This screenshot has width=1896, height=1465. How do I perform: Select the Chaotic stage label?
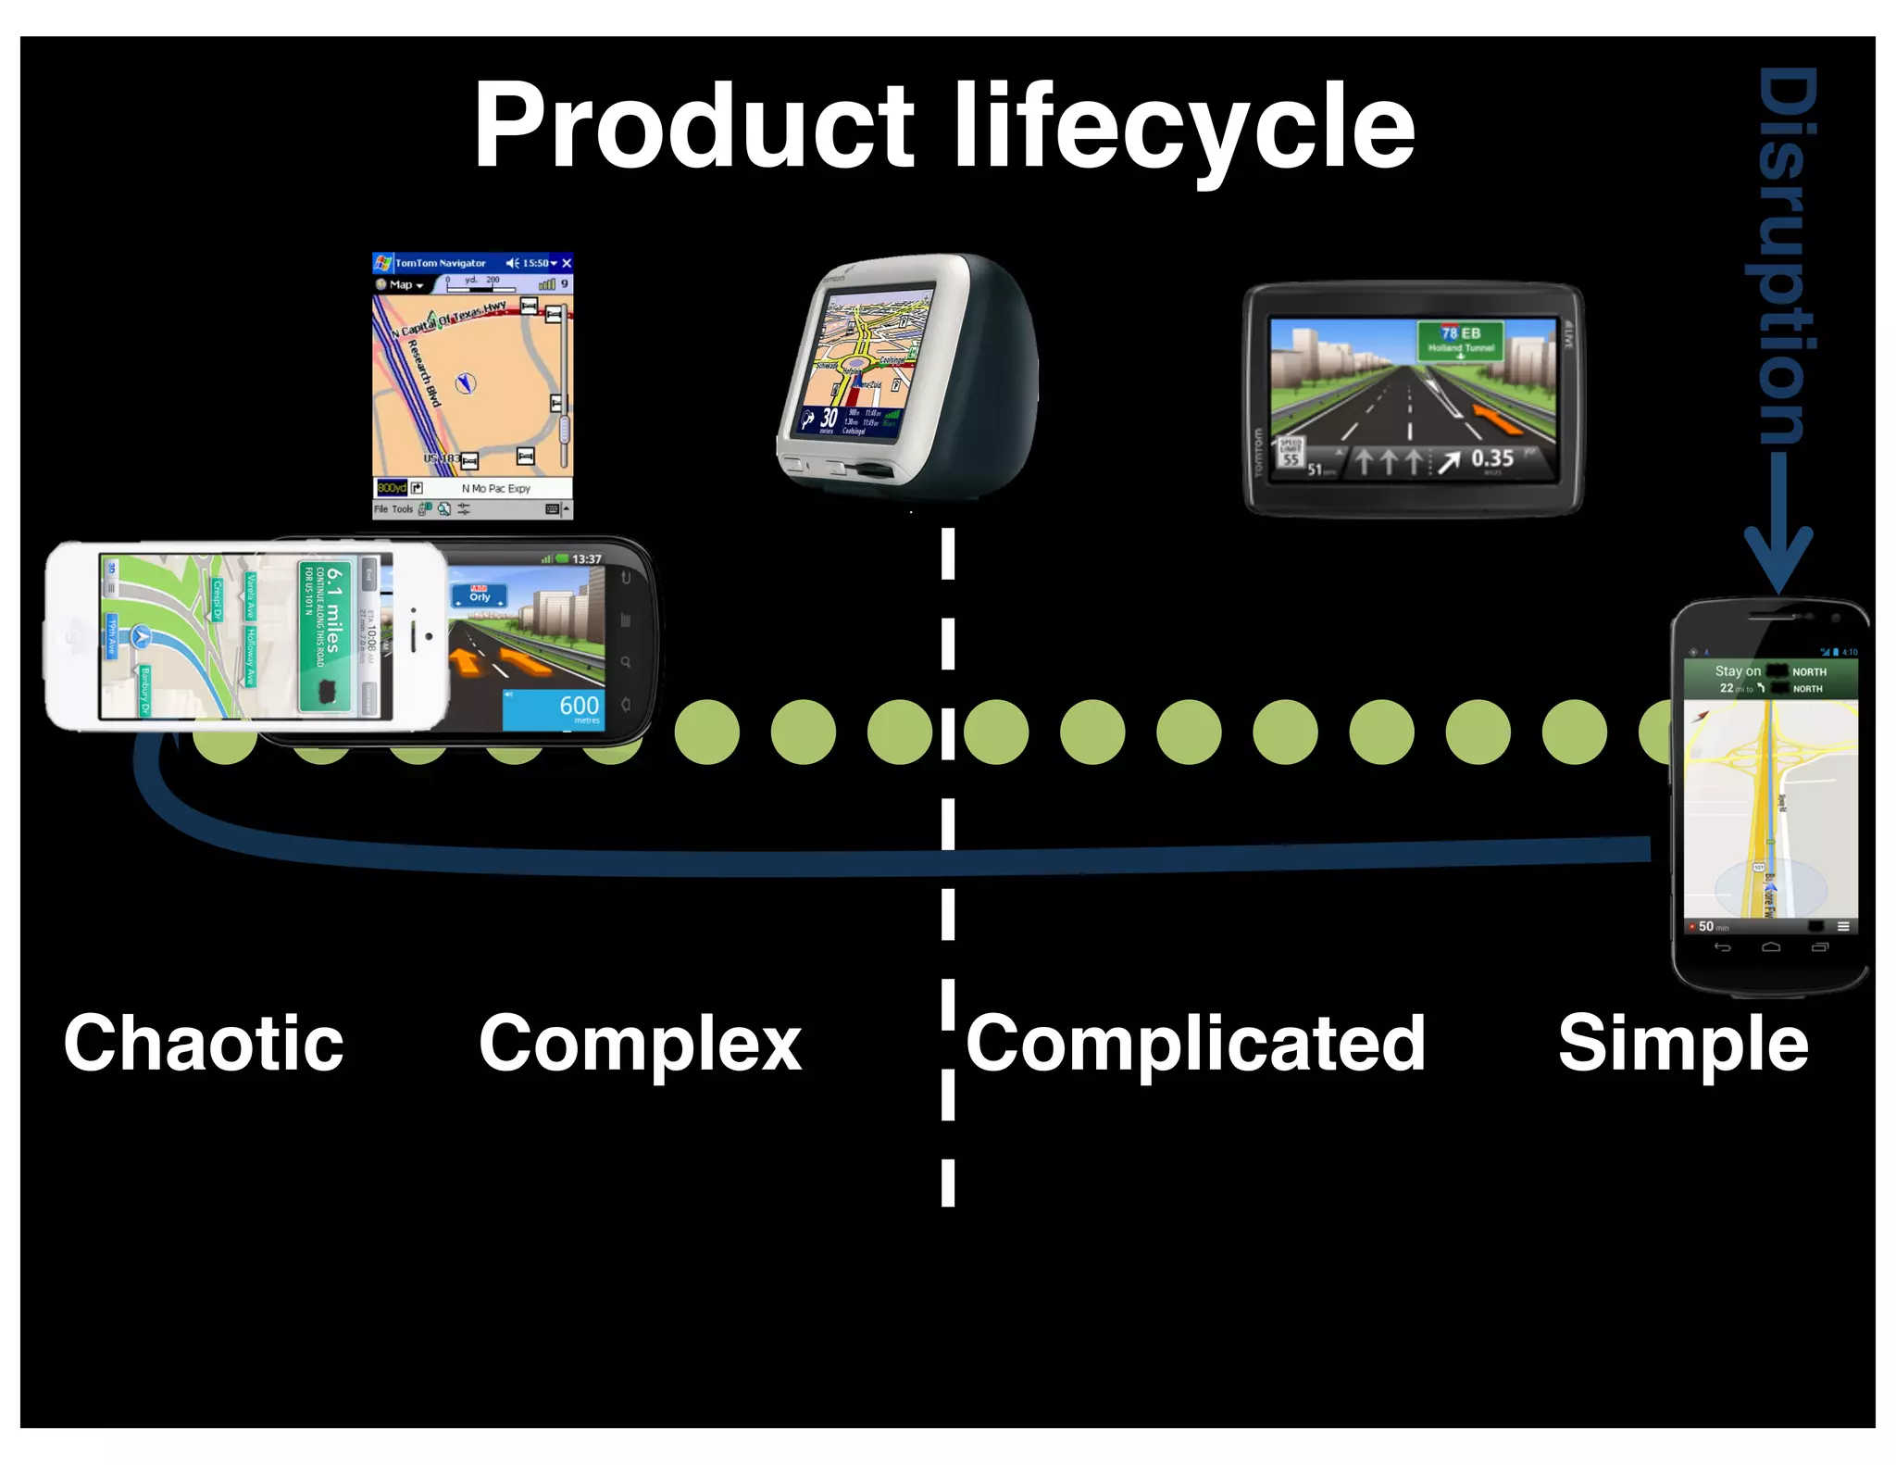204,1044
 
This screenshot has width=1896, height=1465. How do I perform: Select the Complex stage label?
640,1044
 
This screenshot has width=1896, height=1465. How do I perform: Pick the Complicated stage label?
1195,1044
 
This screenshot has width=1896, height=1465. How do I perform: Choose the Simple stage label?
1682,1044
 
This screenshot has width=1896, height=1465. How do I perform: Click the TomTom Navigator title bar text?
440,263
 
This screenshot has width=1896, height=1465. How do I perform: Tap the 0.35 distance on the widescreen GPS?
1492,458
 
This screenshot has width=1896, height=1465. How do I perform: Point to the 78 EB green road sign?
1460,339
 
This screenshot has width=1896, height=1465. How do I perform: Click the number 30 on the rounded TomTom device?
829,419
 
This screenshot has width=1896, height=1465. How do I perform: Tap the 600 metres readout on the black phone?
578,707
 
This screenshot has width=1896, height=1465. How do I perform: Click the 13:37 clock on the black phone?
586,559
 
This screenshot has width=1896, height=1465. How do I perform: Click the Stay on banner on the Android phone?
1736,672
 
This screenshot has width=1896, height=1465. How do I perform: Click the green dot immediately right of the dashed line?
996,732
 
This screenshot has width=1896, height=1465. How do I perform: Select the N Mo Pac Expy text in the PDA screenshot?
495,488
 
